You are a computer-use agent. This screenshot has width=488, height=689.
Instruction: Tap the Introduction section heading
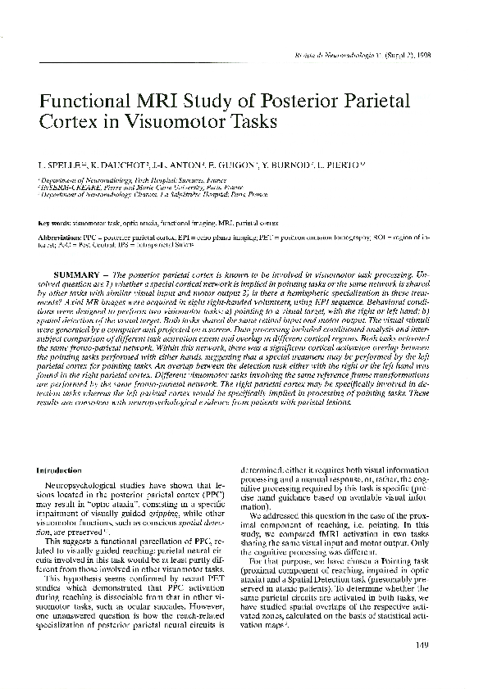[60, 470]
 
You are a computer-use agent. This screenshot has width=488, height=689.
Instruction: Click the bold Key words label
[55, 223]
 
